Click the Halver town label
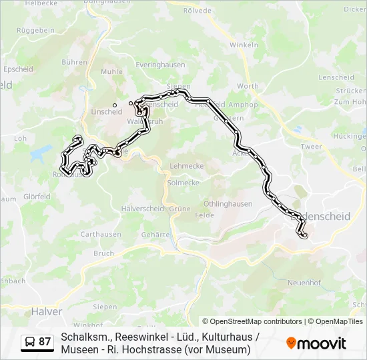[47, 311]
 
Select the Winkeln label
[244, 45]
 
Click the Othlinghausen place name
[228, 204]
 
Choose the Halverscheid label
[143, 208]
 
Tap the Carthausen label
[101, 234]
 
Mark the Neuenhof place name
[306, 283]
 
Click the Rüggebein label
[35, 31]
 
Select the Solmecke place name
[183, 183]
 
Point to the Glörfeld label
[37, 197]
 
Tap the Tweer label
[311, 147]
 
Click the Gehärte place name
[156, 235]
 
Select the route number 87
[45, 342]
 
